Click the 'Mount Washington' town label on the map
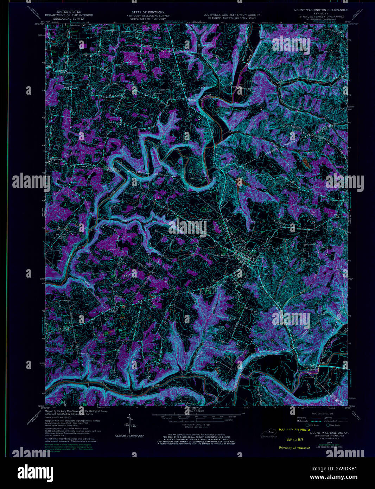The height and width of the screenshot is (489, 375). pos(224,255)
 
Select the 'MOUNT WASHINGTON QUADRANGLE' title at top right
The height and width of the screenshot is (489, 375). pos(321,10)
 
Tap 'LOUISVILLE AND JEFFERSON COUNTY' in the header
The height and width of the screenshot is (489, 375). pos(232,15)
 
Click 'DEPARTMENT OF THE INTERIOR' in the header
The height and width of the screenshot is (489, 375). pos(71,15)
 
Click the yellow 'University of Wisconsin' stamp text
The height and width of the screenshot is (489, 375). pos(294,448)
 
